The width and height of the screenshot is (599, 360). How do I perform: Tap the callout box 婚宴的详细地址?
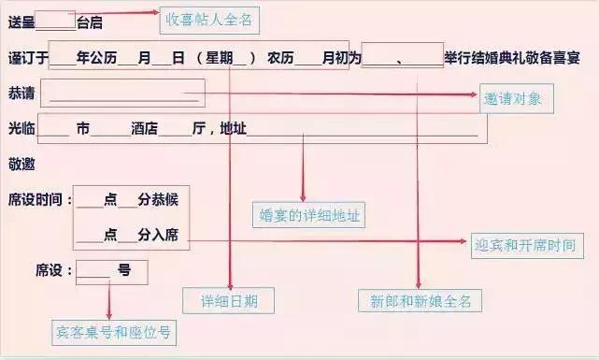tap(309, 215)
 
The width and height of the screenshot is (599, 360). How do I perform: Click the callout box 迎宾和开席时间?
tap(523, 247)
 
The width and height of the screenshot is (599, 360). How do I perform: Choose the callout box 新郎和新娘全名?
tap(420, 301)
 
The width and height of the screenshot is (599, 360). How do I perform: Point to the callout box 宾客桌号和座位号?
tap(113, 331)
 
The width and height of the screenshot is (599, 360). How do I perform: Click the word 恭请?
tap(21, 94)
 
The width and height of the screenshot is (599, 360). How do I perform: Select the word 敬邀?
tap(21, 163)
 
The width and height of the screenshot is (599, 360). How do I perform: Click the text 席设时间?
tap(35, 199)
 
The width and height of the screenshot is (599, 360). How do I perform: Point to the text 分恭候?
tap(158, 199)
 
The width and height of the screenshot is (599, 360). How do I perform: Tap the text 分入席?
tap(158, 235)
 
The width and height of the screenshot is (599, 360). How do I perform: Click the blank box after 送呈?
tap(58, 21)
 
